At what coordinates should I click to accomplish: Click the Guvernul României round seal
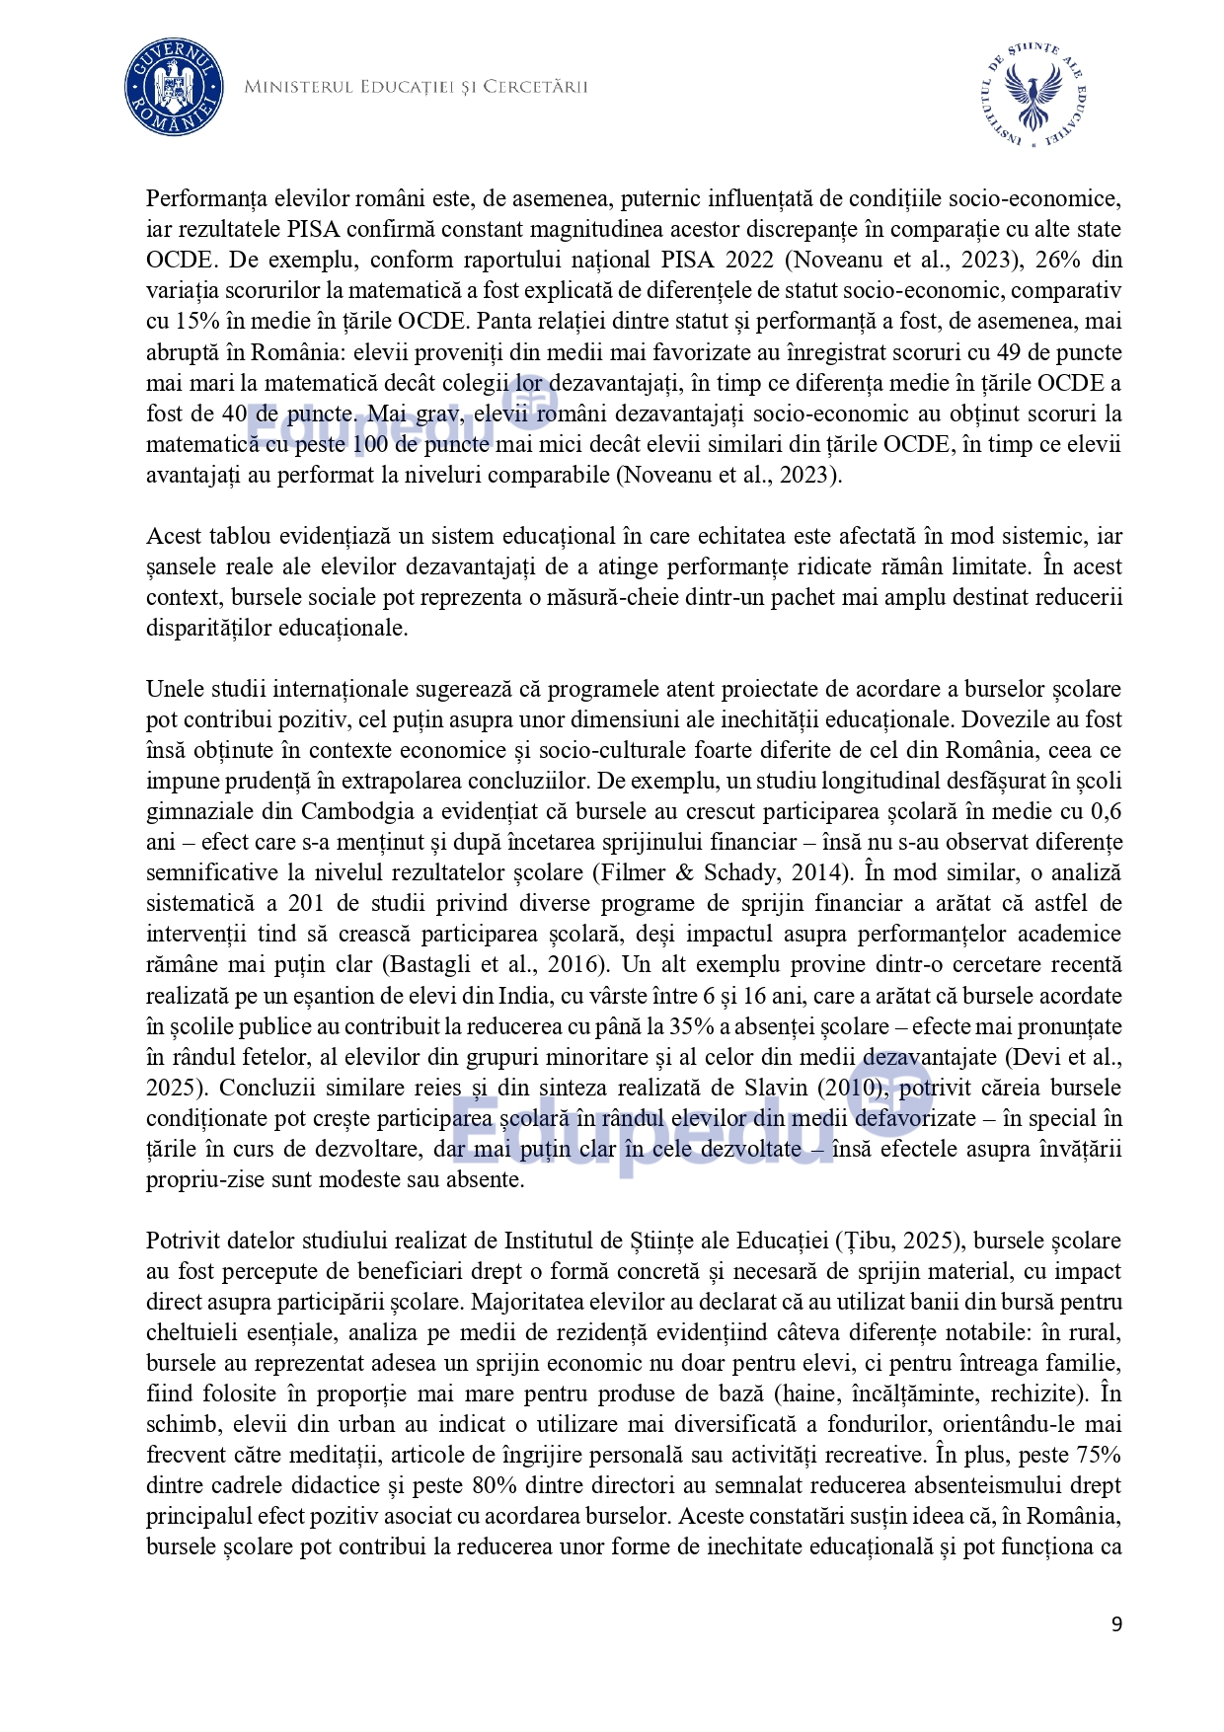click(x=173, y=87)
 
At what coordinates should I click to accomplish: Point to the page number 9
click(x=1116, y=1624)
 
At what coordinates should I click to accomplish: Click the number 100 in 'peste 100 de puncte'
click(x=371, y=444)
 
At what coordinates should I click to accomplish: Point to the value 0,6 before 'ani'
click(x=1105, y=811)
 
